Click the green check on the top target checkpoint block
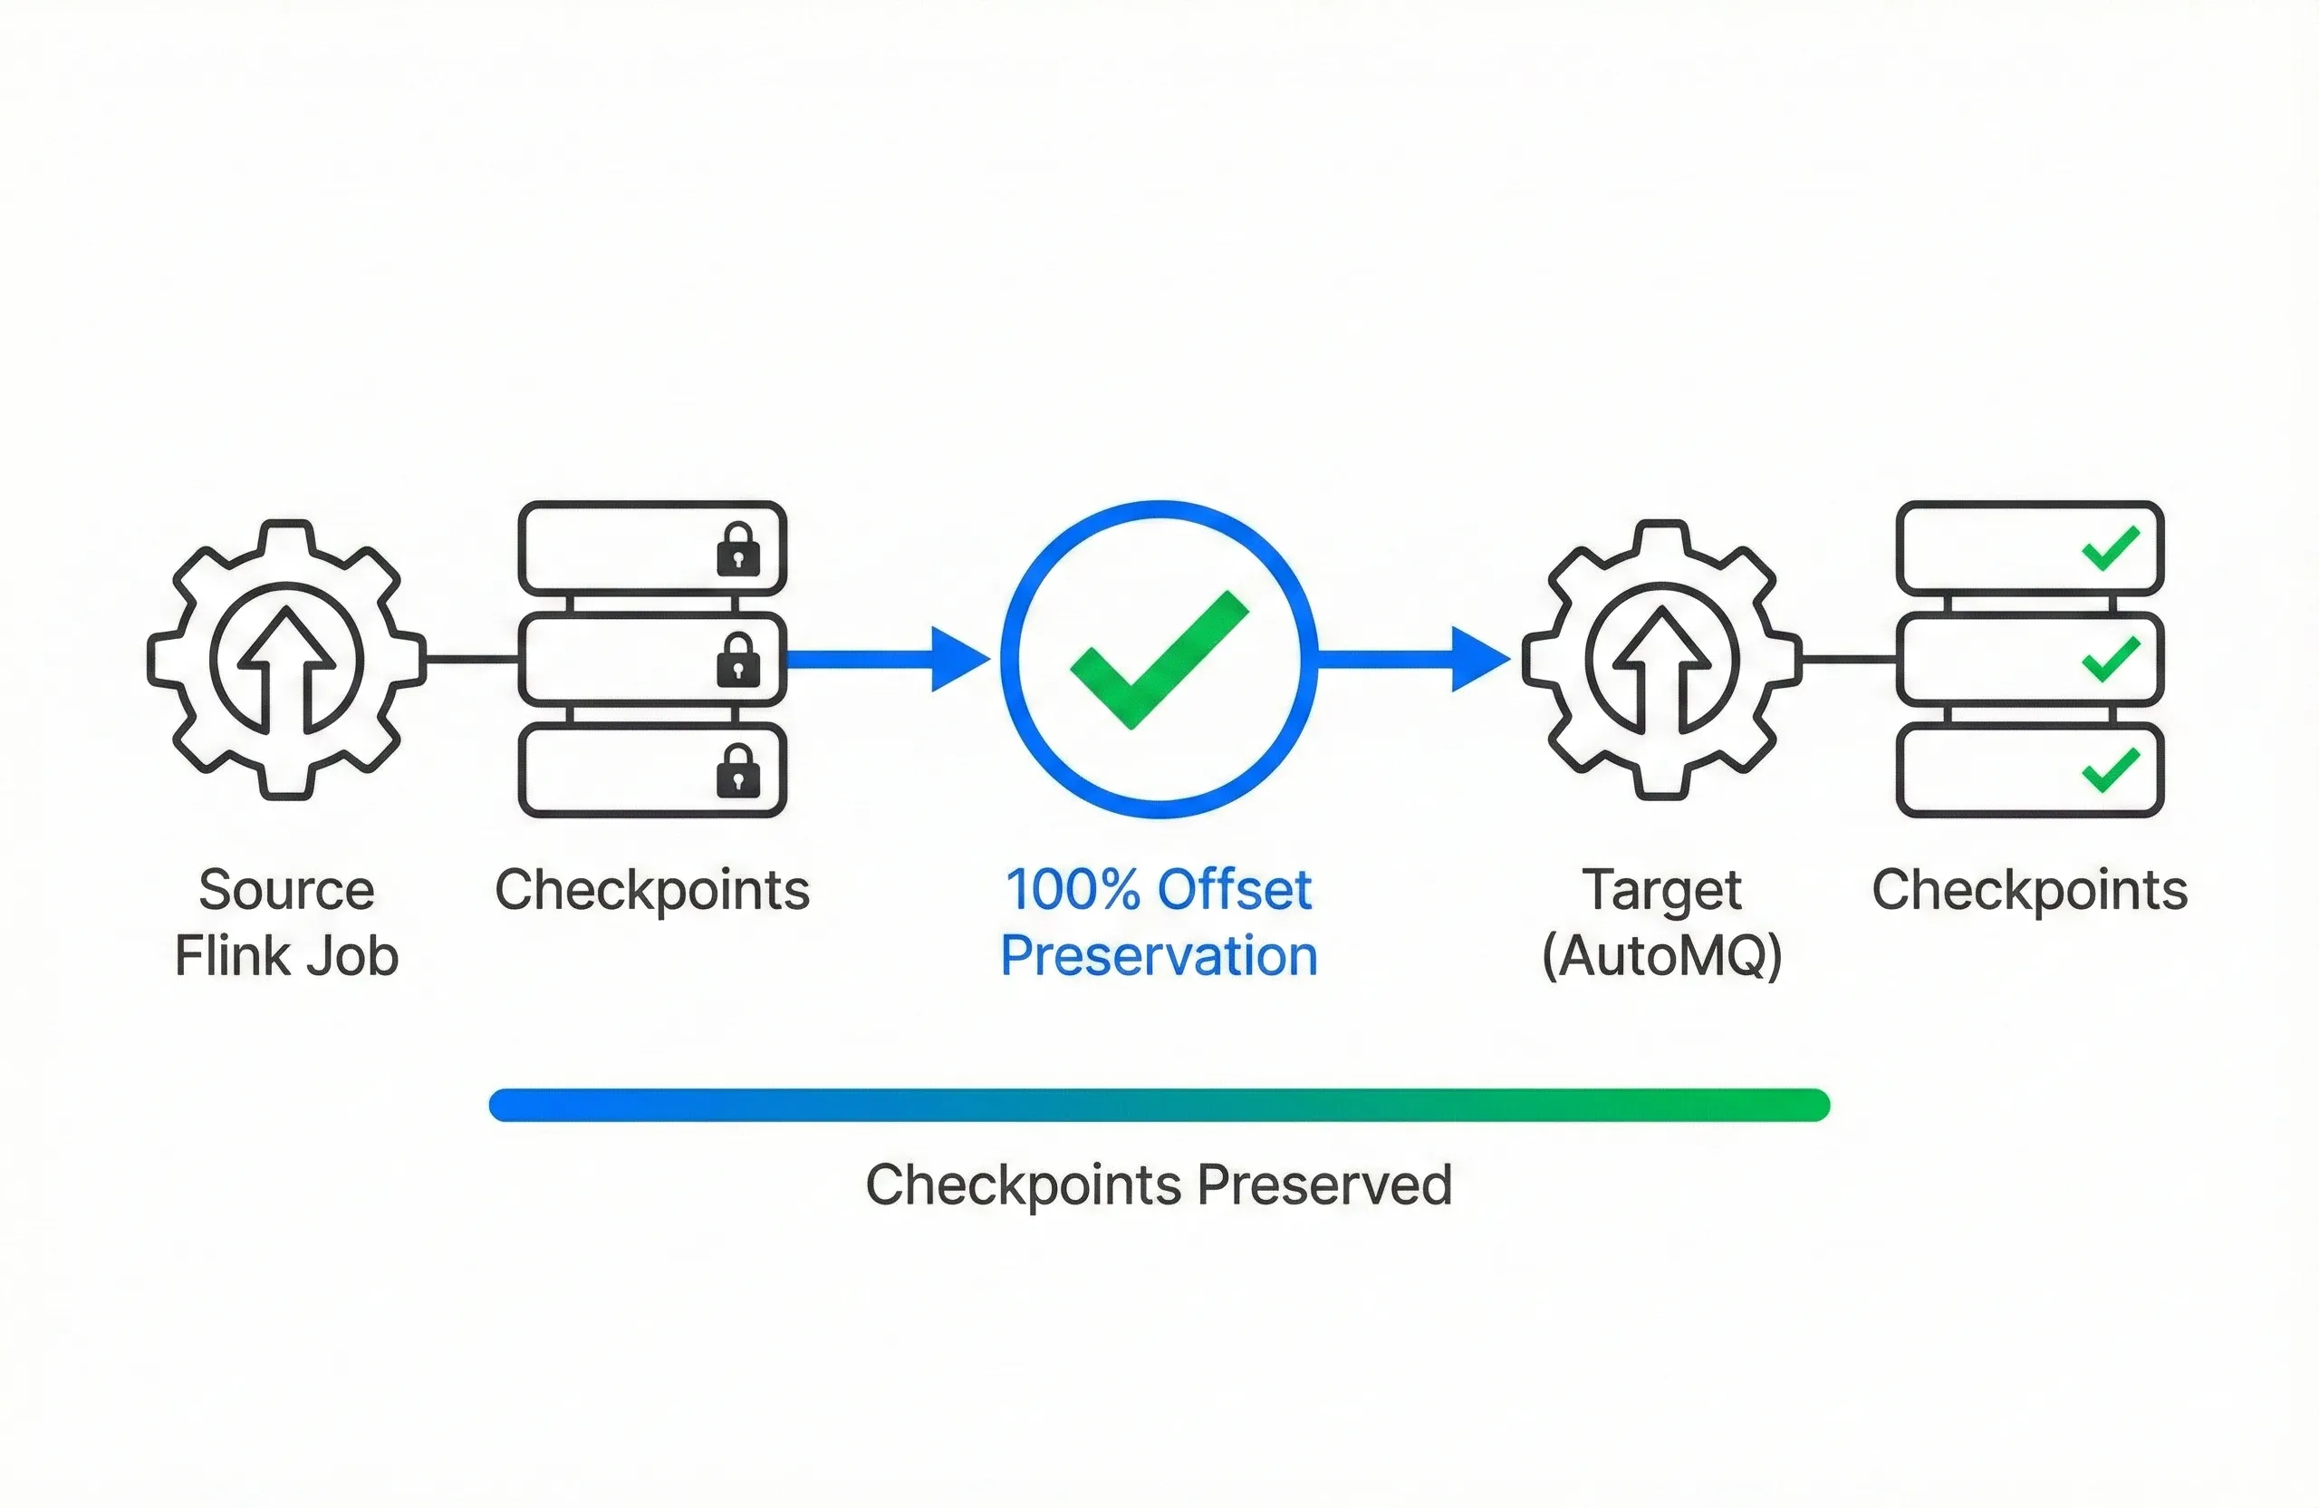[x=2111, y=548]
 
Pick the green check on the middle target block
[x=2111, y=659]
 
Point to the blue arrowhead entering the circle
[x=958, y=660]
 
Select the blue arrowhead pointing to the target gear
[x=1479, y=660]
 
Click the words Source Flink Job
[x=286, y=923]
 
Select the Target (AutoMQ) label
[x=1661, y=923]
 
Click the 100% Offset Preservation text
[x=1159, y=923]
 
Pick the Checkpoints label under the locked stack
[x=652, y=890]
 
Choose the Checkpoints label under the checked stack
[x=2030, y=890]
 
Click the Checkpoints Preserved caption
[x=1159, y=1185]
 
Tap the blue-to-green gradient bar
[x=1159, y=1105]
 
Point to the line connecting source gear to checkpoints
[x=473, y=660]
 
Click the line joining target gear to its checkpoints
[x=1848, y=660]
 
